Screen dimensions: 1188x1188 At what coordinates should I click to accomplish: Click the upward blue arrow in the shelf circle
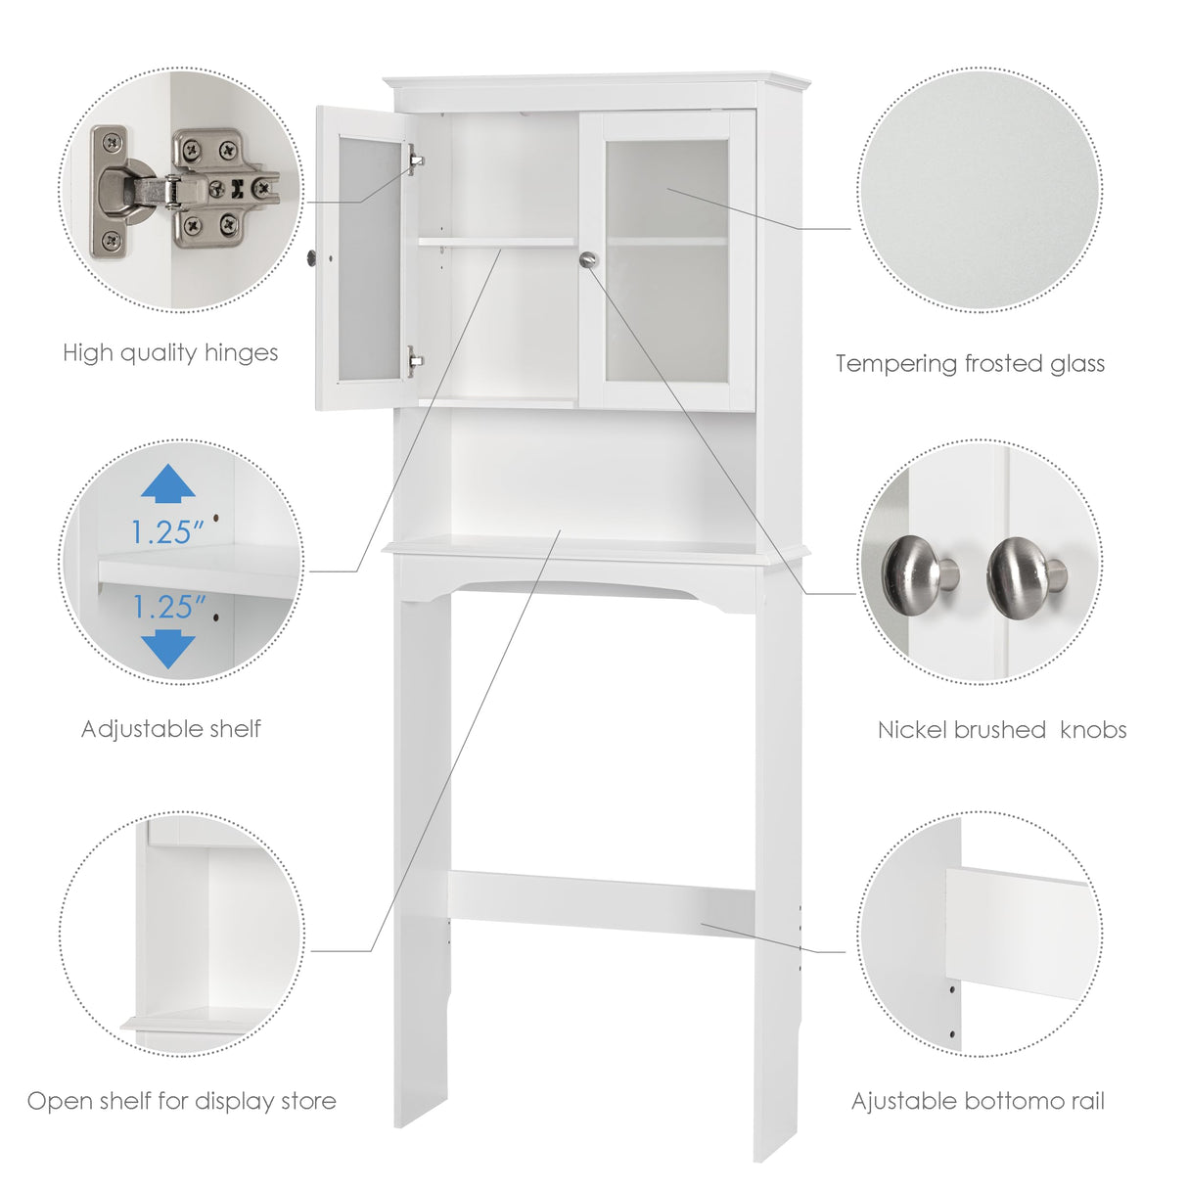pos(168,485)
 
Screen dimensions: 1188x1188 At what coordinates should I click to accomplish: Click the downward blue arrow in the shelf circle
pos(168,649)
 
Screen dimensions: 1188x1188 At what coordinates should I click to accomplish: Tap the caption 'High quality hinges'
pos(170,353)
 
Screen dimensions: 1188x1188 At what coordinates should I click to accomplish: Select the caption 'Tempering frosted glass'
pos(970,364)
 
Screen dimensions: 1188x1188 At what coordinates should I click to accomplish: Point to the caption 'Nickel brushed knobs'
pos(1001,730)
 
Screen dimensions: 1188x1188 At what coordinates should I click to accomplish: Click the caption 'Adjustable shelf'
pos(171,729)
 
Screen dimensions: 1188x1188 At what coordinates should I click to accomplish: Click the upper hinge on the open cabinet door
pos(415,159)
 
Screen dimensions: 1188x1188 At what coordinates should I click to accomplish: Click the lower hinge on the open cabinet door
pos(415,361)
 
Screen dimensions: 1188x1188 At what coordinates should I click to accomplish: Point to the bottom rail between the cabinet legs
pos(601,899)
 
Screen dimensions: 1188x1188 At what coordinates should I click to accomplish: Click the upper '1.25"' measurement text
pos(168,532)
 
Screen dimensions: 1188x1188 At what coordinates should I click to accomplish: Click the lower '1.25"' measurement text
pos(168,608)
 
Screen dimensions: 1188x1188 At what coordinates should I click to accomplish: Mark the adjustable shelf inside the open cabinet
pos(496,242)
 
